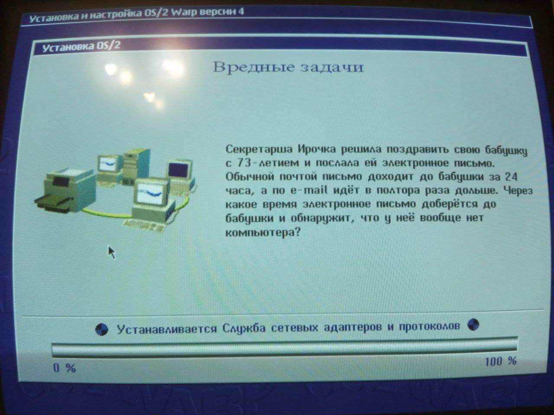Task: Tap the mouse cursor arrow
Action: [x=112, y=252]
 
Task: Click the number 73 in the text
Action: [x=244, y=163]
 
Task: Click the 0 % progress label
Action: [x=64, y=368]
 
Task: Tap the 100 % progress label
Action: [x=501, y=361]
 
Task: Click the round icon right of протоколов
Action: [x=473, y=325]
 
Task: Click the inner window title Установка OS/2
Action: [x=81, y=47]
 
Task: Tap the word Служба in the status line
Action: [x=244, y=328]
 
